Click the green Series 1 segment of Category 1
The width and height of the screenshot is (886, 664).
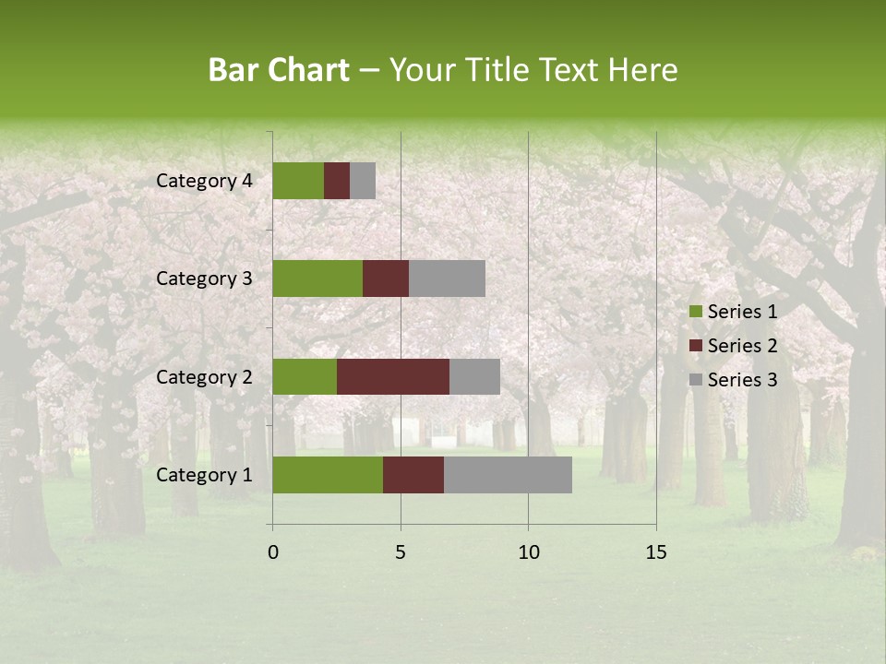[328, 475]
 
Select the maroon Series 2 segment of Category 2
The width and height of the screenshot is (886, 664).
[393, 376]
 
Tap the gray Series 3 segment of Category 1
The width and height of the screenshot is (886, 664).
[508, 475]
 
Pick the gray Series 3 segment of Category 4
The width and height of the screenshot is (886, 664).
[363, 181]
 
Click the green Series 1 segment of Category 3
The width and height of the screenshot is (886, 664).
[317, 279]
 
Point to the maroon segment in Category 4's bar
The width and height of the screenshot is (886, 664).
[337, 181]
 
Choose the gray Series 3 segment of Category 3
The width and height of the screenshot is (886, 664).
[447, 279]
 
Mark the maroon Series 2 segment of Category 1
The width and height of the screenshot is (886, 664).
[413, 475]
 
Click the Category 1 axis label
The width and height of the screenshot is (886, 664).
[204, 475]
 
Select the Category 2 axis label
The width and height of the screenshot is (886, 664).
[204, 376]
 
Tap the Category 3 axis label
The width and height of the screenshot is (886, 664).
[204, 279]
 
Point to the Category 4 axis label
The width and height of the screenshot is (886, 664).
[204, 181]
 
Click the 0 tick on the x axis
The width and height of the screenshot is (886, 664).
[273, 552]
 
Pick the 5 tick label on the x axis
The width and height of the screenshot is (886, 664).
[401, 552]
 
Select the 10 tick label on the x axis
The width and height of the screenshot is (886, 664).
[528, 552]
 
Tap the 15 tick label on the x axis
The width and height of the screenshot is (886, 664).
[656, 552]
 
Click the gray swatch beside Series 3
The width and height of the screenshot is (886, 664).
[696, 380]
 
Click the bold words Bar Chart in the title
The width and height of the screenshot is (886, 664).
[279, 70]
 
